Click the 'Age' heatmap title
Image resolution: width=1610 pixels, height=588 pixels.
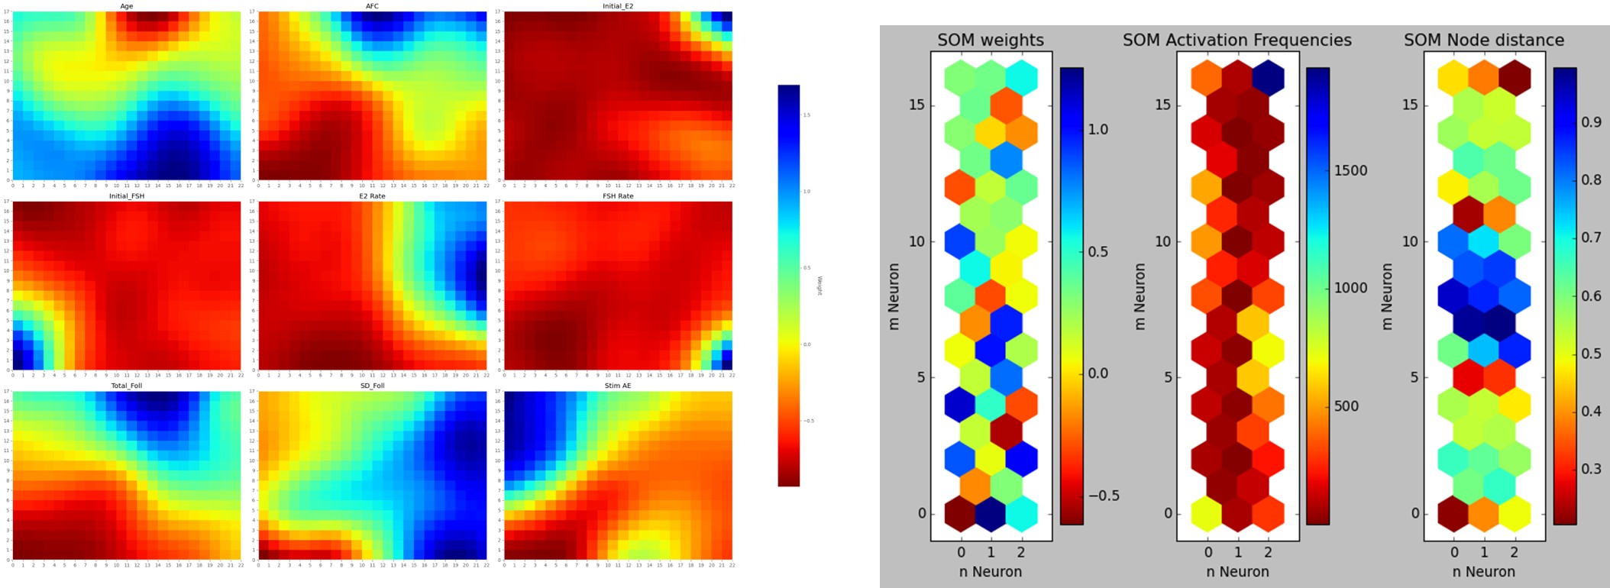(x=127, y=6)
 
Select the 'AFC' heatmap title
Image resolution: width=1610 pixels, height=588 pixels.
(x=372, y=6)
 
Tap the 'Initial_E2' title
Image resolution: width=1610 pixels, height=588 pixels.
(x=618, y=6)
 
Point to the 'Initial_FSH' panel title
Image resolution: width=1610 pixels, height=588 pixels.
(x=127, y=196)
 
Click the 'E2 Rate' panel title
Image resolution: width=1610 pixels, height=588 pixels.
(x=372, y=196)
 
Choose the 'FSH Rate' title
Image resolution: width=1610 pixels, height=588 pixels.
(x=618, y=196)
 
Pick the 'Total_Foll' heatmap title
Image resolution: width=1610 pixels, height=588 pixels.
(x=127, y=386)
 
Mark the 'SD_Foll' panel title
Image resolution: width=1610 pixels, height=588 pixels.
(x=372, y=386)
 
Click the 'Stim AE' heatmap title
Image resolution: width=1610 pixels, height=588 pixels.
(x=618, y=386)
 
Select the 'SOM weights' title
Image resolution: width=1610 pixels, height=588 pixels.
(x=991, y=40)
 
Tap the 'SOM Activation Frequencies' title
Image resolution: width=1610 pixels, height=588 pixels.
(x=1237, y=40)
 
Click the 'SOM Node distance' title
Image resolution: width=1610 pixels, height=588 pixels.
(x=1483, y=40)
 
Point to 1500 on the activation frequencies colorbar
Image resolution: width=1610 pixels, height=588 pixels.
(x=1350, y=170)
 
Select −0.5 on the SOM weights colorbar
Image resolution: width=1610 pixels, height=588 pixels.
(x=1104, y=496)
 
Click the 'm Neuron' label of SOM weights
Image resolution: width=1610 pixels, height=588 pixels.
(x=894, y=296)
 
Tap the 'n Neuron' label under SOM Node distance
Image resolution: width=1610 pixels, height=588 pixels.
(x=1483, y=571)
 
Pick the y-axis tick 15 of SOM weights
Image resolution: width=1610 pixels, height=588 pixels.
(x=917, y=105)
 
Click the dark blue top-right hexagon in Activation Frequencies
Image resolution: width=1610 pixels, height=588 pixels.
(x=1268, y=78)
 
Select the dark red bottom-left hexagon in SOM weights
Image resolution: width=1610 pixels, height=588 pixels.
(x=961, y=513)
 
